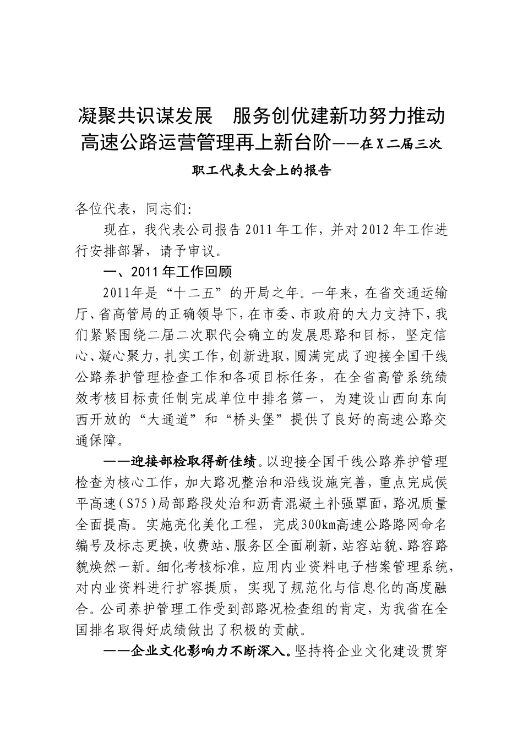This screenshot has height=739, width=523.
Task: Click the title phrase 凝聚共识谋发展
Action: tap(146, 117)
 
